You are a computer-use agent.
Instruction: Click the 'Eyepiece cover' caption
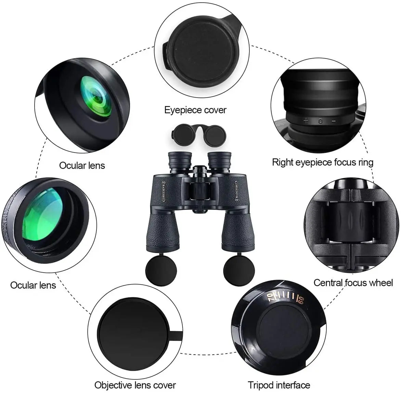[195, 110]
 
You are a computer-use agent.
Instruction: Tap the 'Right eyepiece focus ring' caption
[323, 162]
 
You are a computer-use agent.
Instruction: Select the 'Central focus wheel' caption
[353, 283]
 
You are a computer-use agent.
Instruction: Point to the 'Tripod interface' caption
[279, 385]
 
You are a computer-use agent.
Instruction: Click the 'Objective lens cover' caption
[135, 385]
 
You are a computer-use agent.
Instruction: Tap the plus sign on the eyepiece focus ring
[306, 120]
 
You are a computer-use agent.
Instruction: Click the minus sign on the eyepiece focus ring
[334, 121]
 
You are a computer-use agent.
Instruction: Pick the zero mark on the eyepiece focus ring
[320, 121]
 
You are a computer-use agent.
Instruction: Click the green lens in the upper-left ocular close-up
[96, 98]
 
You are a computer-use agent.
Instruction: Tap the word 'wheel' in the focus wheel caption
[380, 283]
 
